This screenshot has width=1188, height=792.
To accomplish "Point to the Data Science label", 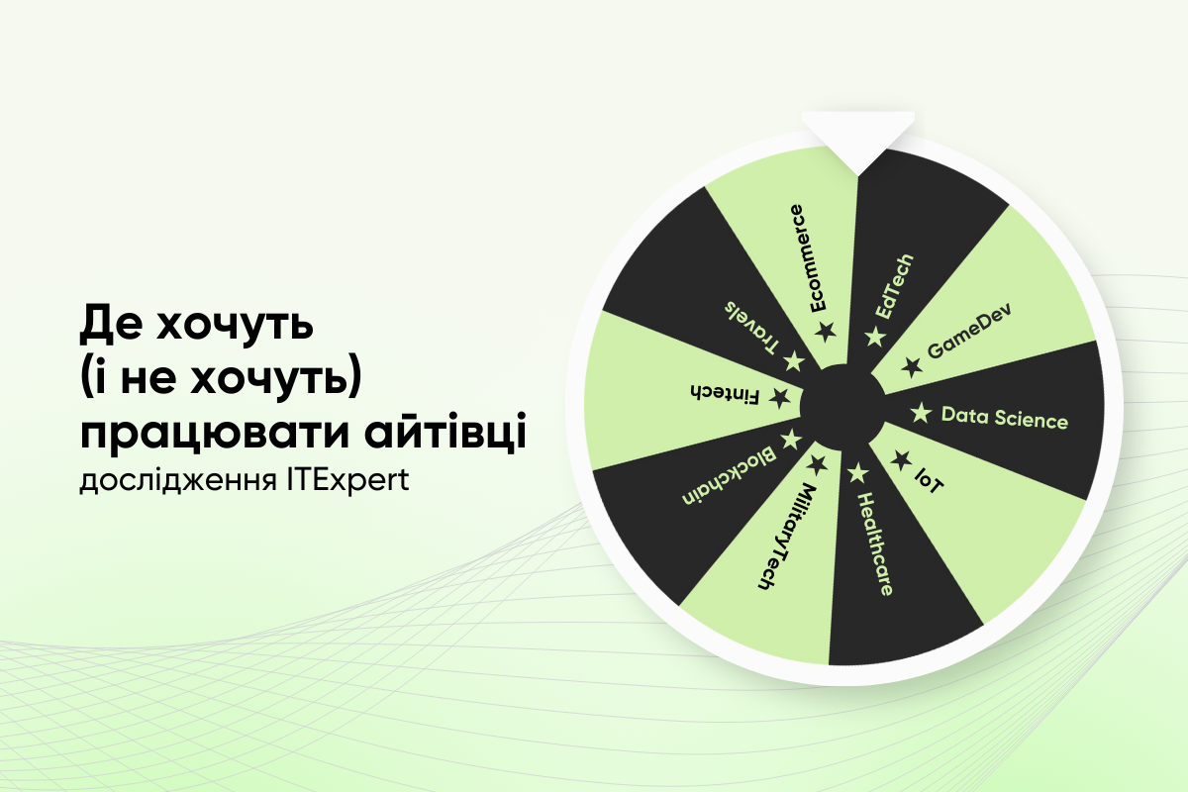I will (1004, 418).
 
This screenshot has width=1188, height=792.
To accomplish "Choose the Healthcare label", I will (874, 544).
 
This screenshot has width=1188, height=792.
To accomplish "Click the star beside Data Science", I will (921, 412).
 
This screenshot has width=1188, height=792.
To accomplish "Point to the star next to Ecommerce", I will (825, 331).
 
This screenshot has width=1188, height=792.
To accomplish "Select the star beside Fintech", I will (780, 399).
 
